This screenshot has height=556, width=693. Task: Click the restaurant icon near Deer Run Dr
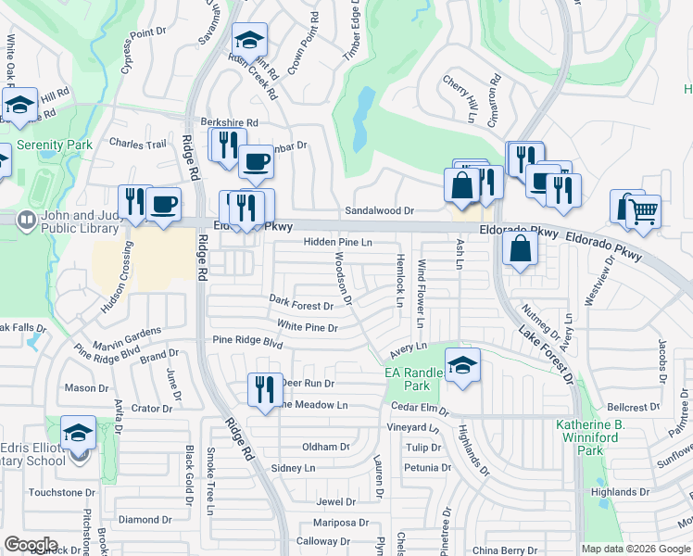(x=265, y=389)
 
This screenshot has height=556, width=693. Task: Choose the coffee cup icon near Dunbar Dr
(x=256, y=162)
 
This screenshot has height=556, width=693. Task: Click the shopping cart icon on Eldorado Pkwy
(x=644, y=211)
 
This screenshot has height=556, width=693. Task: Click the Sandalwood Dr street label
(x=379, y=211)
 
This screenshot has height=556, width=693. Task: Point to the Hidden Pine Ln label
(x=338, y=242)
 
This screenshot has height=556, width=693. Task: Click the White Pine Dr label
(x=308, y=326)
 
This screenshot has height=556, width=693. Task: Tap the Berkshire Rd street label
(x=229, y=122)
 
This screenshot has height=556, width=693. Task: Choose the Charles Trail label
(x=138, y=145)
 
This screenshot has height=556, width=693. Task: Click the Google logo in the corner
(x=31, y=545)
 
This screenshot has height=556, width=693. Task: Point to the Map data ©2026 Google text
(x=636, y=549)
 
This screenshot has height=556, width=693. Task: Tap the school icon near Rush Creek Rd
(x=249, y=41)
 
